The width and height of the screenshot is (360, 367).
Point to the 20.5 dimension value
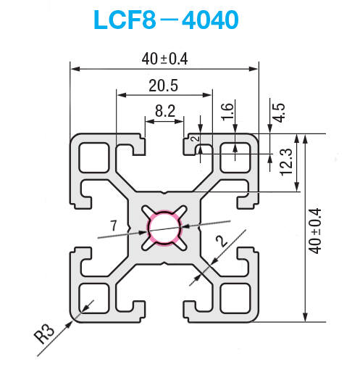[x=164, y=86]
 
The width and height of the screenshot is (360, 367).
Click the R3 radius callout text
[x=45, y=335]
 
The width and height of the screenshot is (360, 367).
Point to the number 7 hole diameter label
[x=113, y=228]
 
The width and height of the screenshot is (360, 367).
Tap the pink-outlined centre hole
[x=165, y=228]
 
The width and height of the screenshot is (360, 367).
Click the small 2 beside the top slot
[x=195, y=136]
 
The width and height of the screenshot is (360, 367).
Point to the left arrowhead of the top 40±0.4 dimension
[x=74, y=70]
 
